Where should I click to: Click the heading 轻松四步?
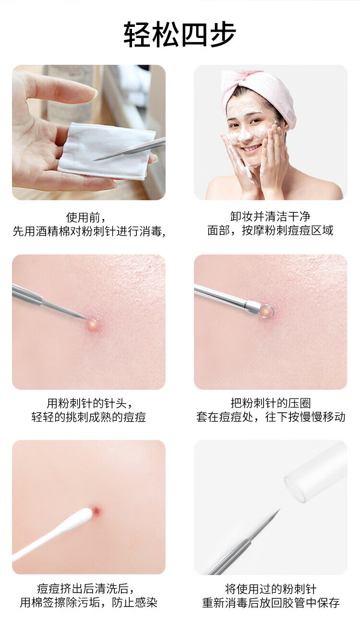180,35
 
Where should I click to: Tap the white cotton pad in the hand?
106,150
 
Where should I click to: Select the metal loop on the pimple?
266,311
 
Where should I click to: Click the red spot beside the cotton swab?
96,511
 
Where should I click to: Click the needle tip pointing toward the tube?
279,509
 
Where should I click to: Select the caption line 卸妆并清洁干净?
270,216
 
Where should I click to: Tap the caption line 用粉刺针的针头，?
89,403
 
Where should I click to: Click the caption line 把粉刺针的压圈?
271,403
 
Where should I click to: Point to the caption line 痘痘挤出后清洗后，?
86,588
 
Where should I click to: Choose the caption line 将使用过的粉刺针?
271,589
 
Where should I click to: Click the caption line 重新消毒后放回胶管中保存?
271,603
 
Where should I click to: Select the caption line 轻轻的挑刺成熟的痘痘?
89,417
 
